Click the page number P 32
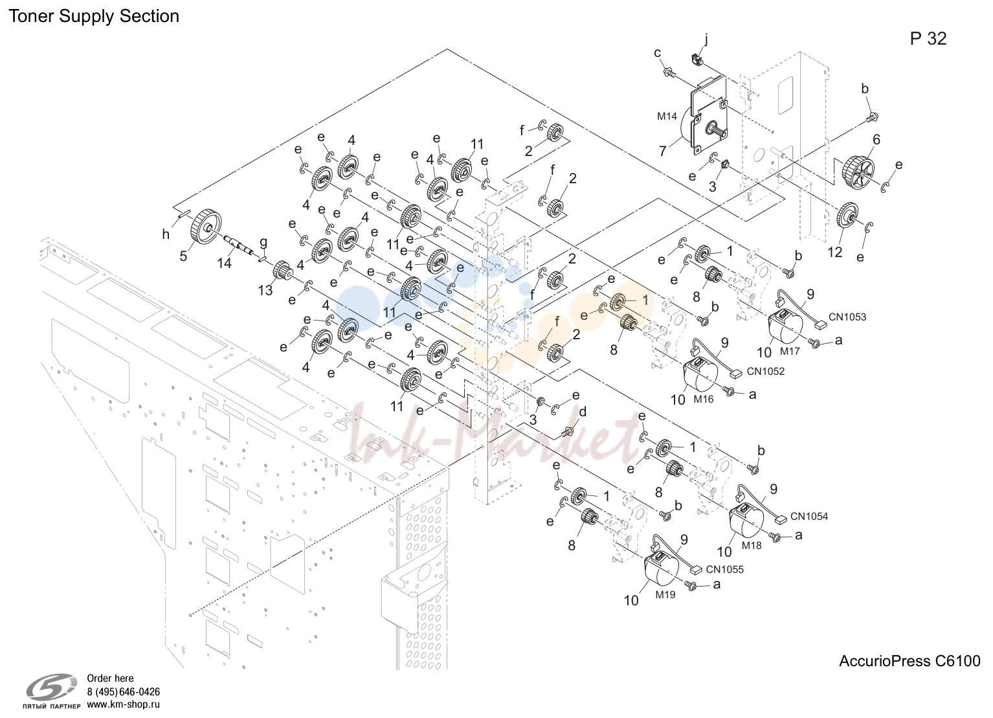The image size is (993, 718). (928, 39)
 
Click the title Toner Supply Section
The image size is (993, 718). (94, 16)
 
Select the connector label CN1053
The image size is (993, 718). (847, 317)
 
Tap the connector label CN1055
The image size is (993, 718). (725, 570)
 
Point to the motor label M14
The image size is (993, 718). (667, 117)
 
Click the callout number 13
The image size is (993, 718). (265, 290)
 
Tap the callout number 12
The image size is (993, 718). (835, 252)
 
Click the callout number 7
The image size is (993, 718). (662, 151)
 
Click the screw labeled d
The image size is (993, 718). (567, 431)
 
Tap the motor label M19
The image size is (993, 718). (665, 595)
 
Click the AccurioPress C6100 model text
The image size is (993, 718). (909, 661)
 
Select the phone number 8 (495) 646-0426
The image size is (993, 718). (123, 692)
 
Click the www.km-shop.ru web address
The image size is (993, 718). (123, 704)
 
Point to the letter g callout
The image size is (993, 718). (263, 243)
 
